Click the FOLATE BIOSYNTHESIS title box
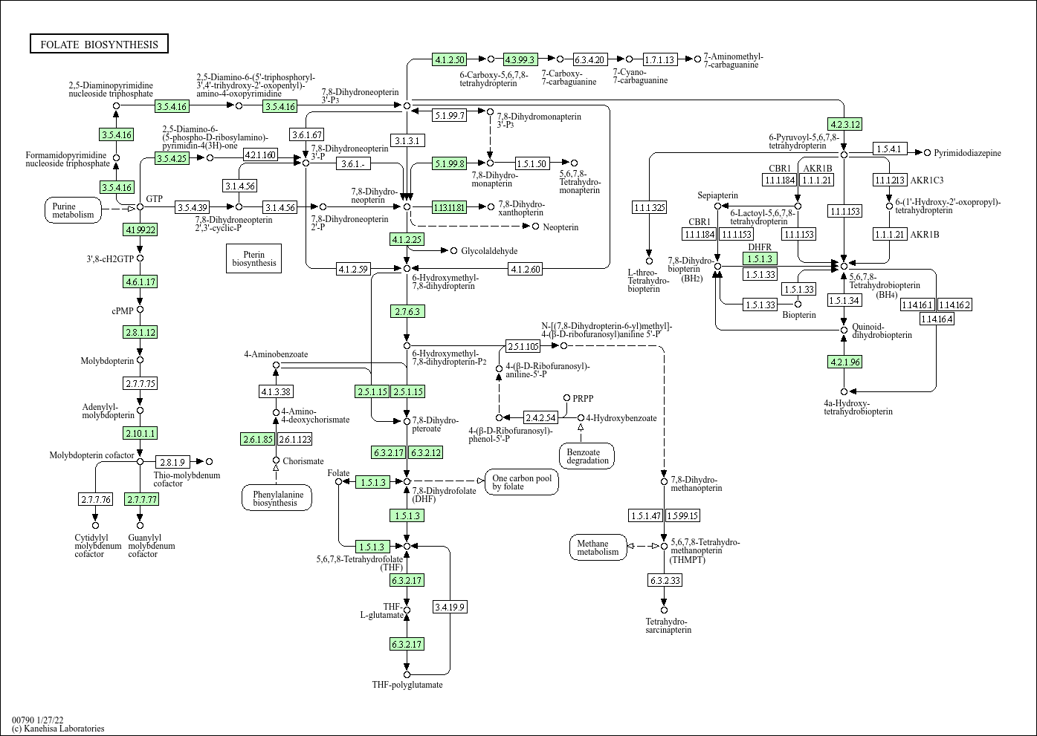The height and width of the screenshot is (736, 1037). pos(99,45)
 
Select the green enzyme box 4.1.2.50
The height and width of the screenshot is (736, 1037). pos(450,59)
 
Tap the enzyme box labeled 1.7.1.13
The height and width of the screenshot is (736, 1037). pos(659,59)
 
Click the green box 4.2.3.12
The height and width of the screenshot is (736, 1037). pos(844,124)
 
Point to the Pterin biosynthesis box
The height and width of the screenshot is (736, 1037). pos(253,258)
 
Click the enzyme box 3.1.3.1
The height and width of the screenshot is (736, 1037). pos(407,140)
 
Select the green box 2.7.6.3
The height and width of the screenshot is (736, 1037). pos(407,311)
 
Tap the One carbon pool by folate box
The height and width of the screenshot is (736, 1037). pos(522,482)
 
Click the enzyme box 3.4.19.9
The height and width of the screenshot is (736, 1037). pos(450,607)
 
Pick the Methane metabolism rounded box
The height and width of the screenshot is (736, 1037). pos(598,547)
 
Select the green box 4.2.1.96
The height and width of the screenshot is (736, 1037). pos(844,362)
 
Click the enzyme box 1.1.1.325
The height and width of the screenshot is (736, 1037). pos(649,207)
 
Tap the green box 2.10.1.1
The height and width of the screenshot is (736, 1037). pos(140,433)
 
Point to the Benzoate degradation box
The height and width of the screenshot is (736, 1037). pos(587,455)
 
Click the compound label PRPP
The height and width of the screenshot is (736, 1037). pos(583,398)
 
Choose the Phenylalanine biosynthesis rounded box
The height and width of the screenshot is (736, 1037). pos(277,498)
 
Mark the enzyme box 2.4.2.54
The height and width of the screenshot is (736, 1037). pos(540,417)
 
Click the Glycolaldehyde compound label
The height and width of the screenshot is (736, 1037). pos(489,251)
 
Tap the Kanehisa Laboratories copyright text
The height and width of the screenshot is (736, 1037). pos(58,729)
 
